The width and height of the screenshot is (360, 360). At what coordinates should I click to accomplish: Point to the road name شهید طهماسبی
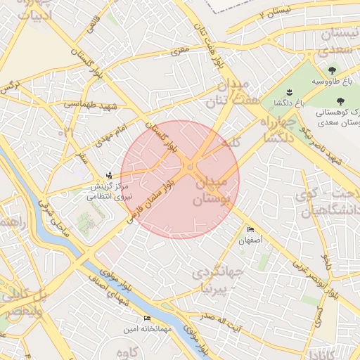[82, 104]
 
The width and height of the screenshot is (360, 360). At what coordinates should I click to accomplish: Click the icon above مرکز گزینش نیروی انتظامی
[108, 174]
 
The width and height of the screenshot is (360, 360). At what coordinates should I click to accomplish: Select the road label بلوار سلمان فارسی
[150, 199]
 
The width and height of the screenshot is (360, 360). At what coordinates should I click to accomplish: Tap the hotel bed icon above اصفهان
[251, 230]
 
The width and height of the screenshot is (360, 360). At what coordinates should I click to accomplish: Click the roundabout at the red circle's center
[190, 167]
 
